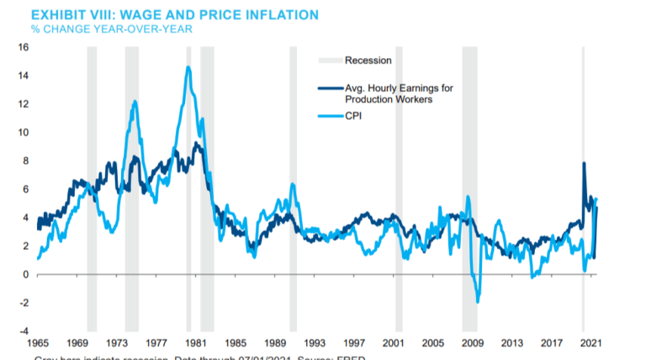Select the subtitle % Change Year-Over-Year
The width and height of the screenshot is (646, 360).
click(112, 29)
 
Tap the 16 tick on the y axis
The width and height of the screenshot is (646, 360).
click(23, 47)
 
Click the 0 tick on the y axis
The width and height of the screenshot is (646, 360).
click(25, 275)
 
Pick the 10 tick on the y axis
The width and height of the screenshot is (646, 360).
click(23, 133)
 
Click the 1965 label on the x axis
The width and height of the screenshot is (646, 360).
click(38, 344)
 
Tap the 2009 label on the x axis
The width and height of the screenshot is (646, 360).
click(472, 344)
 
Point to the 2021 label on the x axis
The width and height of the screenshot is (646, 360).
click(590, 344)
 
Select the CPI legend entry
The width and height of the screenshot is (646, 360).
click(354, 117)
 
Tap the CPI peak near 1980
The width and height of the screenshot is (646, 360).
click(188, 67)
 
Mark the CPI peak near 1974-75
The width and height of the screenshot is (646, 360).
click(135, 102)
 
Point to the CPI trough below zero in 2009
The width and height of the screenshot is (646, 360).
click(478, 301)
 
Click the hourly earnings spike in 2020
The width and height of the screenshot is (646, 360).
click(584, 163)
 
